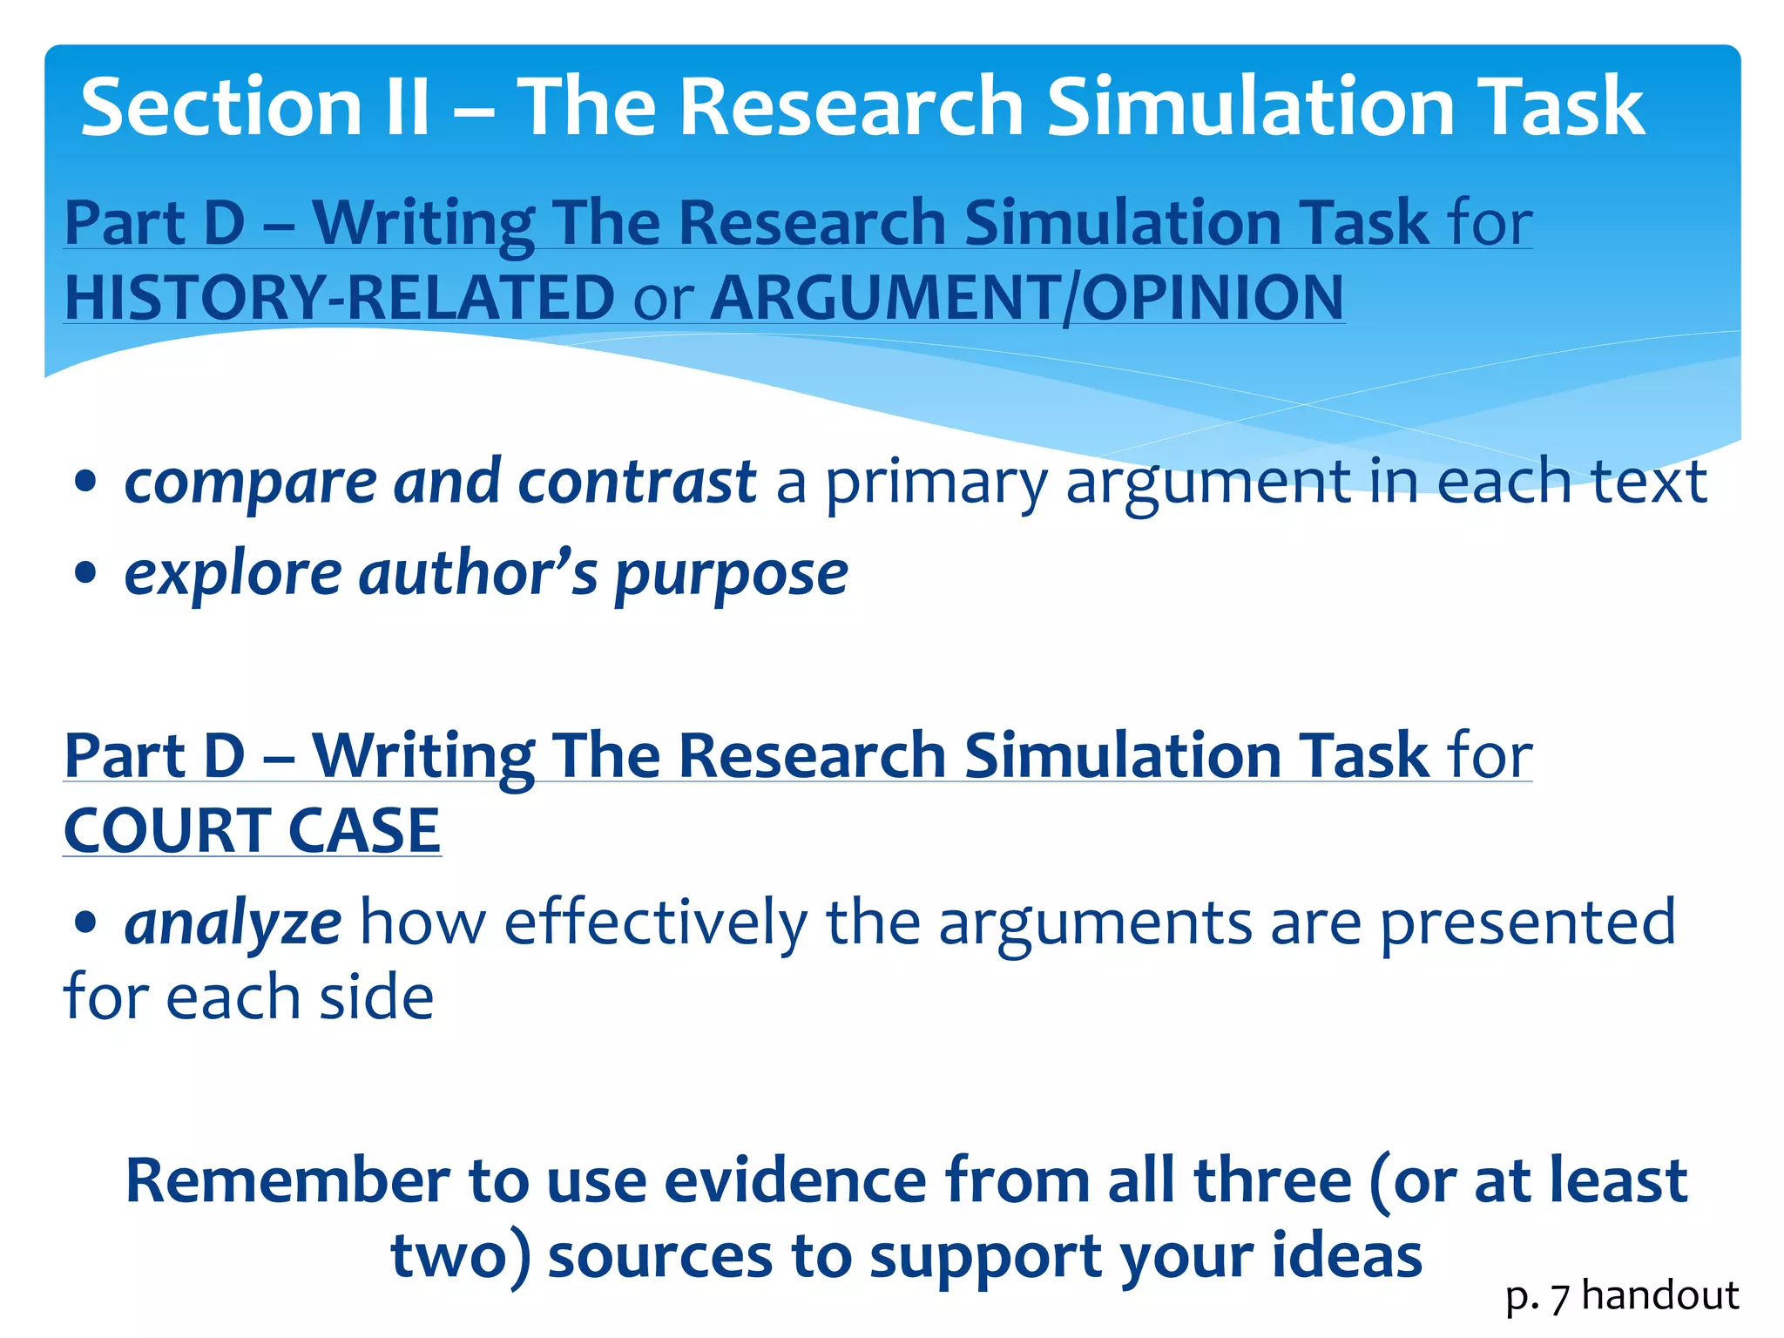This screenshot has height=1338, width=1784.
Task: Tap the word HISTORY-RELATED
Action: pyautogui.click(x=341, y=298)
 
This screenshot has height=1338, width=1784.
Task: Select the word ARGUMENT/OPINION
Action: pyautogui.click(x=1028, y=298)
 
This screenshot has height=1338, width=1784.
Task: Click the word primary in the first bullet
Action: pyautogui.click(x=936, y=483)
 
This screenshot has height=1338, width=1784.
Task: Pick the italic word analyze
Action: pyautogui.click(x=233, y=924)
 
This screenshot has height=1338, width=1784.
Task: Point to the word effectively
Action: pyautogui.click(x=656, y=922)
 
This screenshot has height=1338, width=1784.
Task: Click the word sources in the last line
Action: pyautogui.click(x=660, y=1257)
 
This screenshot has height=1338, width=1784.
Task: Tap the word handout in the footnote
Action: pyautogui.click(x=1660, y=1295)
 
